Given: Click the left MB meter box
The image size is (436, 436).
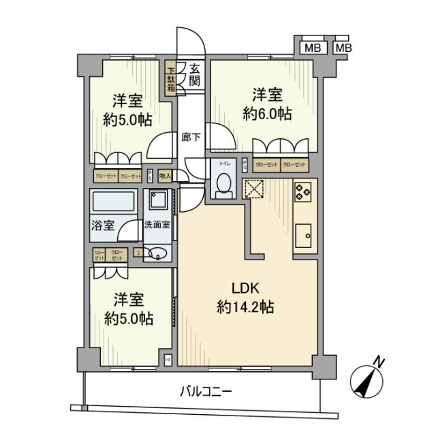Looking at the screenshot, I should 312,48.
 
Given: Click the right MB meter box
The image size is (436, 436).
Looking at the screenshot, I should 343,48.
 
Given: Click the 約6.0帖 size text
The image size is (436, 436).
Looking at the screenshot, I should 268,114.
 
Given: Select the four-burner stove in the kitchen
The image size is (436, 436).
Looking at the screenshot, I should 303,192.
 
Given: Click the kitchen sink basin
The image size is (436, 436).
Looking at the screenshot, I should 304,238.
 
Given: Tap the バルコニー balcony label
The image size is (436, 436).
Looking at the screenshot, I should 206,392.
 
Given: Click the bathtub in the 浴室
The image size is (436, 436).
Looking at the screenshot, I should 114,203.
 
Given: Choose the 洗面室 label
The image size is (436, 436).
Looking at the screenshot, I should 157,225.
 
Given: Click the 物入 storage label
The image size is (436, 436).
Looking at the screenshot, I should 165,176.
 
